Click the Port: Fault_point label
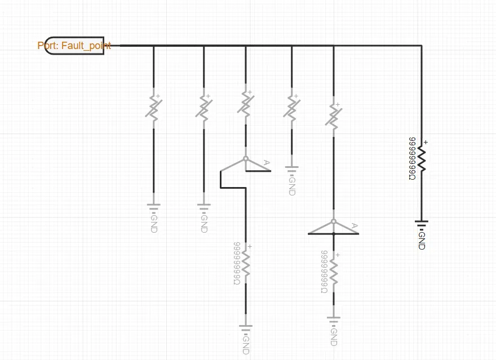coord(74,46)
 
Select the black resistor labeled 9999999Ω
coord(421,159)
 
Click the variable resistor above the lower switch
coord(334,115)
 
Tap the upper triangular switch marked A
coord(246,164)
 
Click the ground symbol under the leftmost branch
coord(153,206)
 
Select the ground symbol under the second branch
coord(204,206)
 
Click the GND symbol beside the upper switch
coord(292,168)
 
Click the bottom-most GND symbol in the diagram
coord(246,327)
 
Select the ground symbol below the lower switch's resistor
coord(334,321)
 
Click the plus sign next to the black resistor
coord(426,143)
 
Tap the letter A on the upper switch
coord(267,163)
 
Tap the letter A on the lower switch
coord(355,226)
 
